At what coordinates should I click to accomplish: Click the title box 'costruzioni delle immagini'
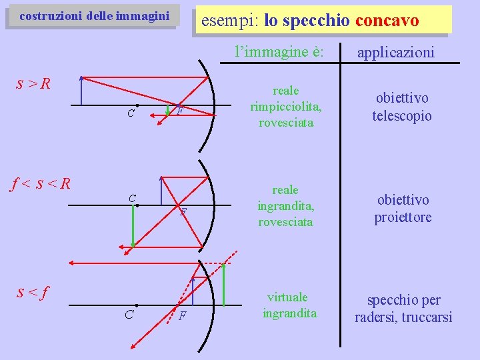pyautogui.click(x=93, y=16)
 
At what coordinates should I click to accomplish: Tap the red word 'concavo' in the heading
pyautogui.click(x=387, y=21)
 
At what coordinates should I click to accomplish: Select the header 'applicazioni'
pyautogui.click(x=395, y=51)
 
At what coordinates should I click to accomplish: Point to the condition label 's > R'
pyautogui.click(x=33, y=83)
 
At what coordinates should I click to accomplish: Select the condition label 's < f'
pyautogui.click(x=33, y=291)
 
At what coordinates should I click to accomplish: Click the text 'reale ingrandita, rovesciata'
pyautogui.click(x=285, y=206)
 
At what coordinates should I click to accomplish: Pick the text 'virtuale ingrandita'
pyautogui.click(x=289, y=305)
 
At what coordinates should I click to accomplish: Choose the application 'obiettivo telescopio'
pyautogui.click(x=401, y=107)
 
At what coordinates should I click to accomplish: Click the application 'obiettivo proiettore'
pyautogui.click(x=403, y=208)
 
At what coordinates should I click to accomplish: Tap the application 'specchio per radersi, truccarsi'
pyautogui.click(x=403, y=308)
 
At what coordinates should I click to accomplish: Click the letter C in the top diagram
pyautogui.click(x=131, y=113)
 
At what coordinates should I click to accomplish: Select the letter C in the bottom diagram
pyautogui.click(x=129, y=314)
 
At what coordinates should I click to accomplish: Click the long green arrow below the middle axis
pyautogui.click(x=133, y=227)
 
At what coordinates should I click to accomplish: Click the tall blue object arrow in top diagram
pyautogui.click(x=81, y=90)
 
